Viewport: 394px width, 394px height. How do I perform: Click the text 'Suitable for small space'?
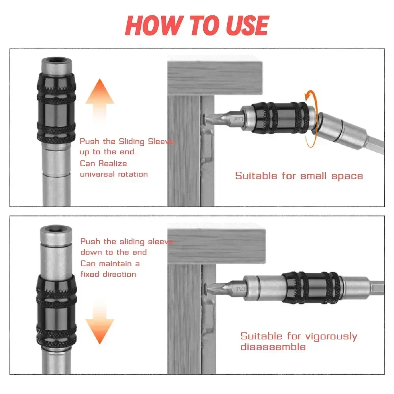pos(299,176)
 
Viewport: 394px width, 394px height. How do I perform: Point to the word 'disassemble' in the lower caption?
pos(273,347)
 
